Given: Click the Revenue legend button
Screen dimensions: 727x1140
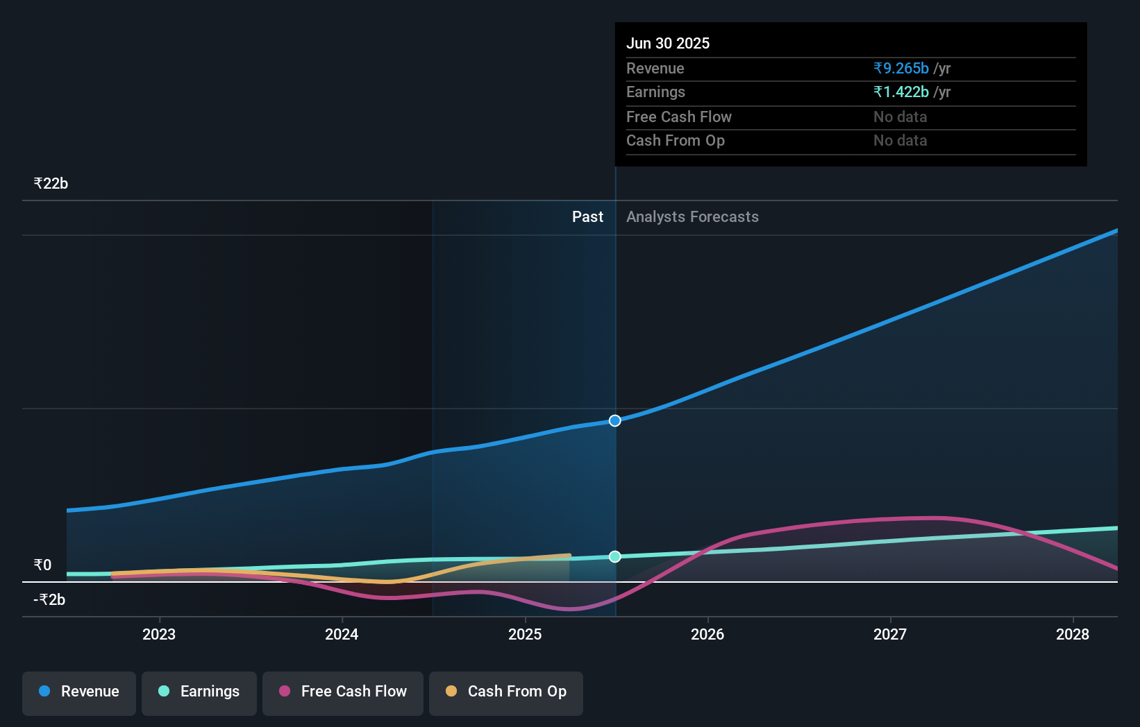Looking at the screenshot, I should coord(79,692).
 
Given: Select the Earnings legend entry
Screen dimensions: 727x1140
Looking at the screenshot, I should coord(199,692).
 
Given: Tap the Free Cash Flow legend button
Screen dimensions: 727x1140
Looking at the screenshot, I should coord(343,692).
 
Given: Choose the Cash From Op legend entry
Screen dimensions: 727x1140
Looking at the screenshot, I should coord(506,692).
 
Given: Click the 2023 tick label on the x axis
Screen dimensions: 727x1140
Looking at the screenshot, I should coord(159,634).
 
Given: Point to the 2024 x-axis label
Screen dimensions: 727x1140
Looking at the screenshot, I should coord(342,634).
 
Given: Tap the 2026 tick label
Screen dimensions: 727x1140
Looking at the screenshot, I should coord(707,634).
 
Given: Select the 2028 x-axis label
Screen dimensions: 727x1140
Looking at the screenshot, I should coord(1073,634).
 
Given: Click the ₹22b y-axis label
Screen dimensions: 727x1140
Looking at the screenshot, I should coord(51,184).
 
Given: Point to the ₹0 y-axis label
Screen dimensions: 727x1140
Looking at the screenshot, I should coord(42,565).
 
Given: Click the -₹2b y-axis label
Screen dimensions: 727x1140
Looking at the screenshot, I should coord(49,599).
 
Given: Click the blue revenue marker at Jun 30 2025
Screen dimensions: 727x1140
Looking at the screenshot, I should coord(615,421).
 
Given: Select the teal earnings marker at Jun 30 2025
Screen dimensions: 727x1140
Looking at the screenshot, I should coord(615,557).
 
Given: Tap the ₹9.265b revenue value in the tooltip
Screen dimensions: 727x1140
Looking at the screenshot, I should coord(901,68).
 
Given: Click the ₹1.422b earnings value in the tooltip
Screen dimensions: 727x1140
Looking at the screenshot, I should coord(901,92).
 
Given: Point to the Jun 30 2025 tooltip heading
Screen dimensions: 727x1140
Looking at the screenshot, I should coord(668,43).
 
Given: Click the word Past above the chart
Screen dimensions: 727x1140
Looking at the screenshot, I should coord(587,217).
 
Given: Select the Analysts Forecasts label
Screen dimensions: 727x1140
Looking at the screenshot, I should coord(692,217).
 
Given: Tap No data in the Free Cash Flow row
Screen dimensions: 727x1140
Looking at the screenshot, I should coord(900,117).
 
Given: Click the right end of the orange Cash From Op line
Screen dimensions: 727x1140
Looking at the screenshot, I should coord(569,555).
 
